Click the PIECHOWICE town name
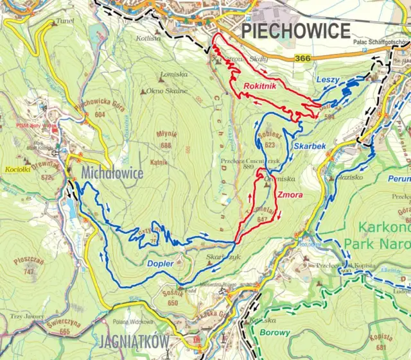coord(295,30)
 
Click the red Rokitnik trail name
coord(261,86)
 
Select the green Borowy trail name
coord(275,333)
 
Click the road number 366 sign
coord(304,58)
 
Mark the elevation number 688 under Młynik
coord(166,145)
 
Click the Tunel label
coord(65,21)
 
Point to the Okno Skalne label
coord(168,90)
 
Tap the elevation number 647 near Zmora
coord(262,219)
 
